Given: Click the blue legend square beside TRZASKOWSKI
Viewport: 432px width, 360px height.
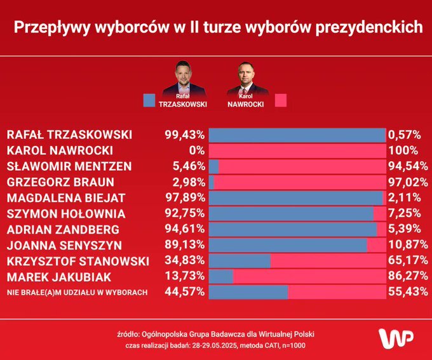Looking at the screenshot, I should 149,100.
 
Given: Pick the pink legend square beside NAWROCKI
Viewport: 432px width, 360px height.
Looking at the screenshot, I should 280,100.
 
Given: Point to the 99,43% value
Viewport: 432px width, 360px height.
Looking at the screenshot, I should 183,135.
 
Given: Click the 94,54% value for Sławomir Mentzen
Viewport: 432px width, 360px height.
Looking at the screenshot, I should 406,166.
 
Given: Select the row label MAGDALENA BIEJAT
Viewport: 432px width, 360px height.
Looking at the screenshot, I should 65,198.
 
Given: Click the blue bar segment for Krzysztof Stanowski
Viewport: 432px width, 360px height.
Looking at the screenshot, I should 240,261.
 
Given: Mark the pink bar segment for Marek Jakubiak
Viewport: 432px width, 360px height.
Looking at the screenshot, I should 309,276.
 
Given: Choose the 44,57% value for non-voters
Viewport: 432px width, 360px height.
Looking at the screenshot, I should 183,292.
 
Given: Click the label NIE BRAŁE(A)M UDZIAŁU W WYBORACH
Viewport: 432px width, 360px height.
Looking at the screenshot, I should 78,292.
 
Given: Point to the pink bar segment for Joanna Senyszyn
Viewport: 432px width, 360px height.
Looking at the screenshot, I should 376,245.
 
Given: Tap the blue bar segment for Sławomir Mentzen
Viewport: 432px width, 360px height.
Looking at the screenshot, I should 213,166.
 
